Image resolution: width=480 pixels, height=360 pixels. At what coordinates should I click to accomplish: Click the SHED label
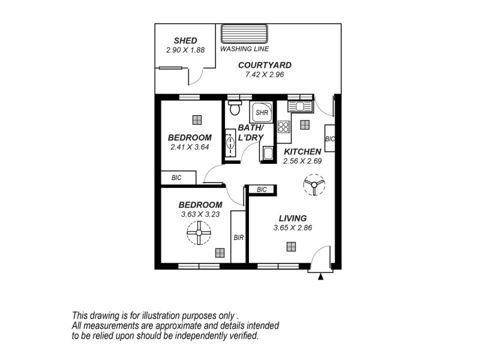[x=185, y=41]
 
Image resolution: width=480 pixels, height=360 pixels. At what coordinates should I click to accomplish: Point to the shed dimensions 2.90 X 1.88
[x=185, y=50]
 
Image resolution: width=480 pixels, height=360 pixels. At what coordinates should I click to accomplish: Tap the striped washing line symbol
[x=244, y=34]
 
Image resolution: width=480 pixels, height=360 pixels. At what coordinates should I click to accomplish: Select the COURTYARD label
[x=265, y=65]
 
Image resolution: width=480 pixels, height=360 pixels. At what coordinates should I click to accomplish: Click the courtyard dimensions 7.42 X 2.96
[x=265, y=75]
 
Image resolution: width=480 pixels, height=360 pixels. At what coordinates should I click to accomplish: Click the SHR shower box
[x=262, y=112]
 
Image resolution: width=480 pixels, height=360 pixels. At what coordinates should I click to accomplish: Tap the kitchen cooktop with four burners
[x=284, y=127]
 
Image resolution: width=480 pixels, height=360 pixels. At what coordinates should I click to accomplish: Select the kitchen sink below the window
[x=298, y=107]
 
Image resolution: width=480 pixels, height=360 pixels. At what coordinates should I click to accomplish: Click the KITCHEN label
[x=302, y=151]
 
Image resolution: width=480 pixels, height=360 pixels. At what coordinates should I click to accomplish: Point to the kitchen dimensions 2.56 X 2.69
[x=302, y=161]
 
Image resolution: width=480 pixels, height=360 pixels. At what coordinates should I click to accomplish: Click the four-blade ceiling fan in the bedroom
[x=199, y=231]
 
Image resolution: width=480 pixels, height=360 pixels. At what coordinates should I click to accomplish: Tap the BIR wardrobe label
[x=238, y=238]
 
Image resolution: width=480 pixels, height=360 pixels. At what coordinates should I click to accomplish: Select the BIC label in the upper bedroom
[x=176, y=178]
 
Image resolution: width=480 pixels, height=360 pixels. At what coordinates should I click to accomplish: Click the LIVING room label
[x=292, y=218]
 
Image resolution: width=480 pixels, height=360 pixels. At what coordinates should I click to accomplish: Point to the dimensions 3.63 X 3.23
[x=201, y=214]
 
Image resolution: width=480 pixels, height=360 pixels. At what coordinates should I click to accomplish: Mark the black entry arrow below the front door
[x=322, y=277]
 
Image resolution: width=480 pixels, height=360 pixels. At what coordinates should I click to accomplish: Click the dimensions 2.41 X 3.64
[x=189, y=147]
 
